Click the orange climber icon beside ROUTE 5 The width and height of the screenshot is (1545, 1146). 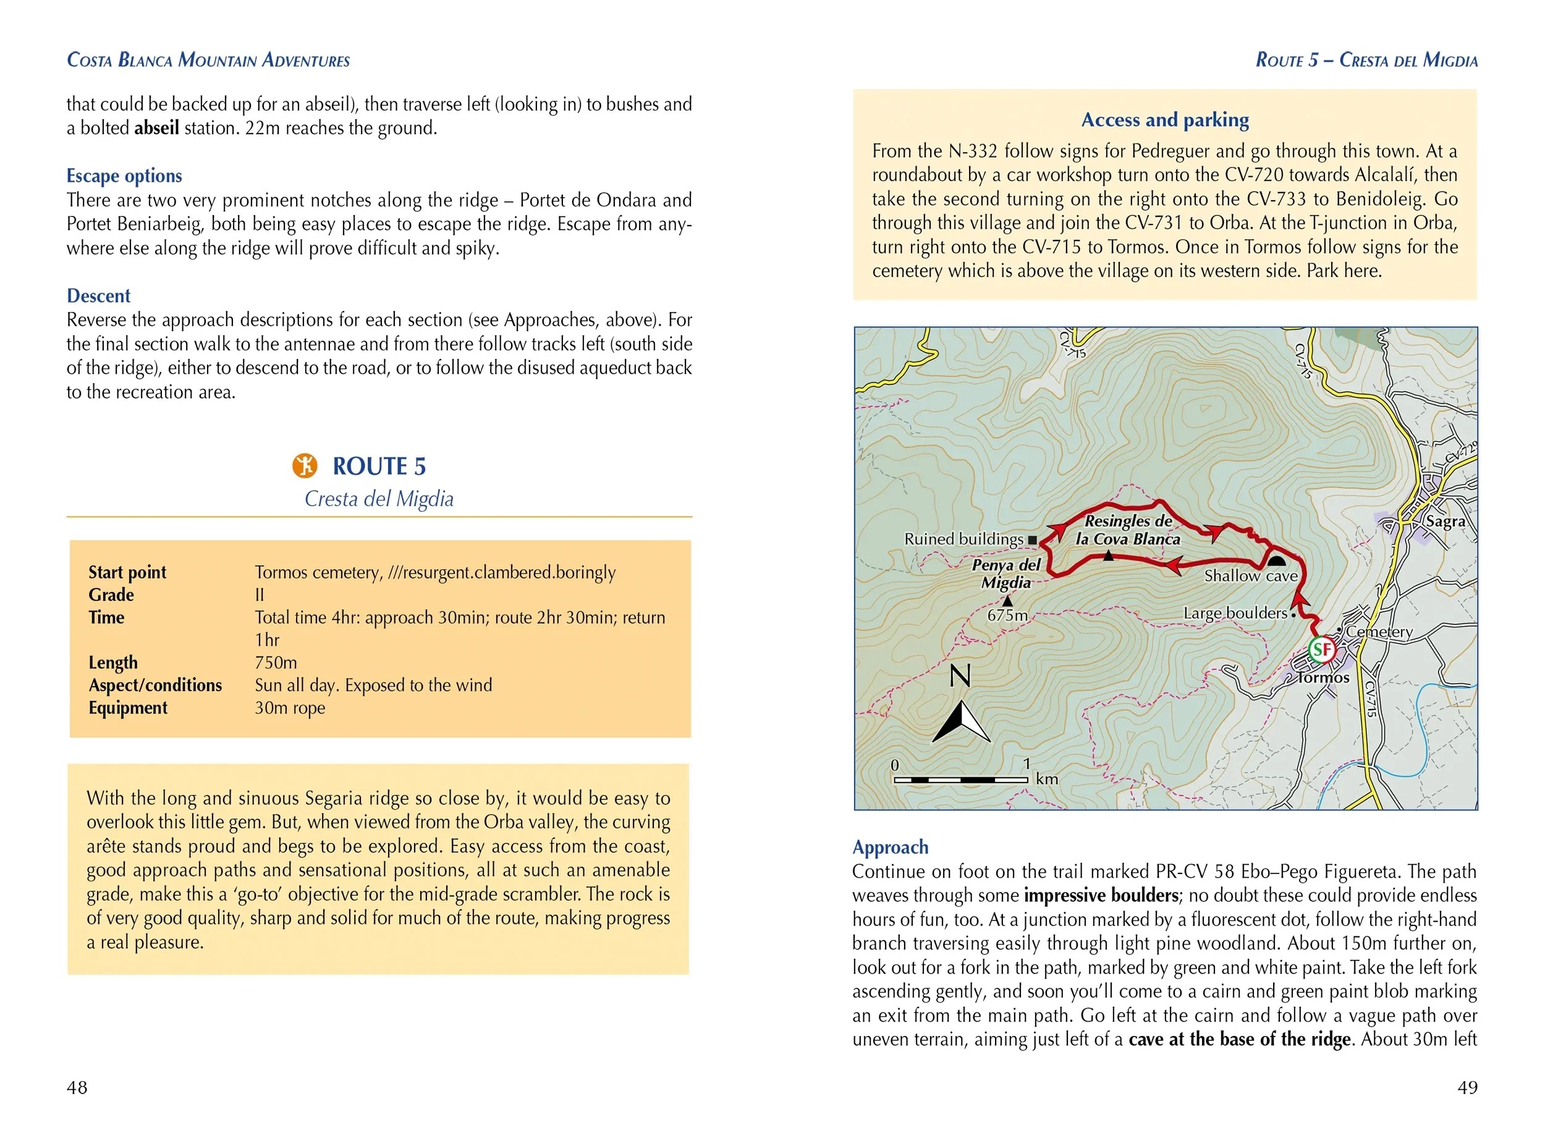[x=305, y=465]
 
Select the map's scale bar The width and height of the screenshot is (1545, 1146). [x=961, y=779]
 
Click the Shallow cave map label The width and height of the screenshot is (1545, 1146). [x=1250, y=575]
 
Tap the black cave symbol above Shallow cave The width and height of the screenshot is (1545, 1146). [x=1277, y=561]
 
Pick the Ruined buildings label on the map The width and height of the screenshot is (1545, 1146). [x=963, y=539]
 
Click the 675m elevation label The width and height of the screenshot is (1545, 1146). [x=1007, y=615]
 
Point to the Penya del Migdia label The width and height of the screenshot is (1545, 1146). [x=1006, y=574]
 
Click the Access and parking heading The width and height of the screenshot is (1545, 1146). [x=1165, y=120]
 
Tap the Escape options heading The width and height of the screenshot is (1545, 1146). [x=124, y=176]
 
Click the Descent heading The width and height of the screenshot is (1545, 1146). [x=98, y=295]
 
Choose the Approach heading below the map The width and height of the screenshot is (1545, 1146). [x=890, y=847]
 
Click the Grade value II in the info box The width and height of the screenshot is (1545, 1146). [x=260, y=595]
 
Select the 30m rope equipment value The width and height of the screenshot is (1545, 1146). [x=290, y=708]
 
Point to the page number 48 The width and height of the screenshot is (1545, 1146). [x=77, y=1087]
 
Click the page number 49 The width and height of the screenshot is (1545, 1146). [x=1467, y=1087]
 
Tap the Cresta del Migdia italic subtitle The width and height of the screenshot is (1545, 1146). [x=379, y=499]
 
